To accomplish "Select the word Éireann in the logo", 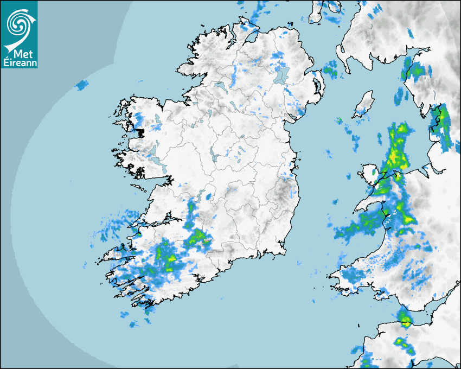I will coord(19,62).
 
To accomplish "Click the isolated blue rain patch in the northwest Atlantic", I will coord(82,85).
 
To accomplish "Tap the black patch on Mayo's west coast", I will coord(140,132).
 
